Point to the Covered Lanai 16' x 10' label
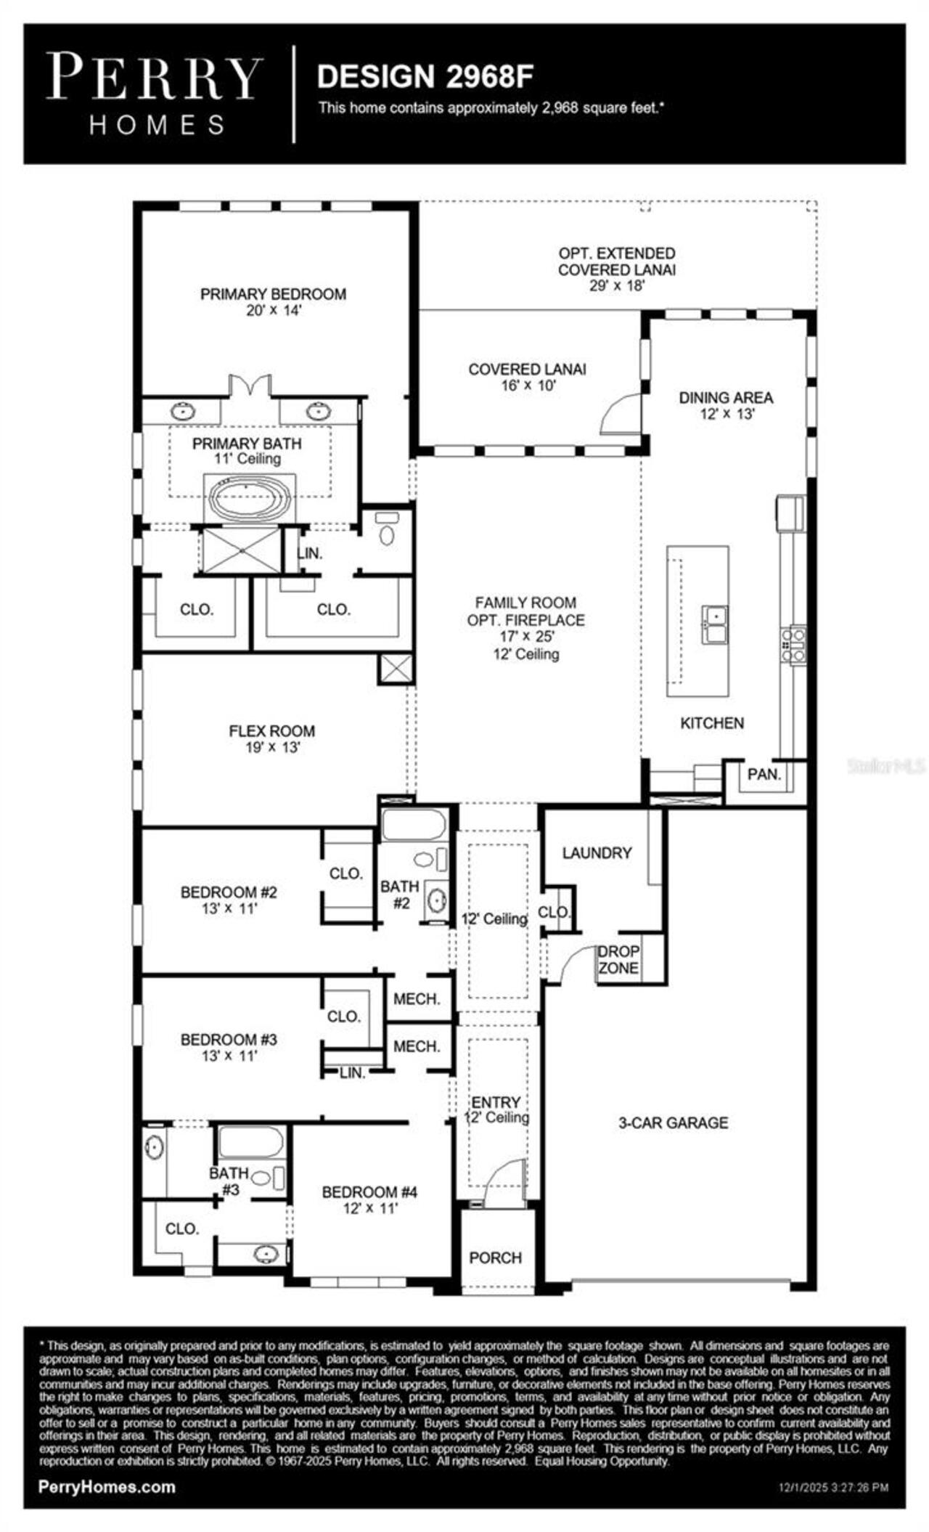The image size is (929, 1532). point(527,377)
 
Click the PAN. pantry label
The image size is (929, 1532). point(764,774)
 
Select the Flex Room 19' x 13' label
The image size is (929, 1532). point(272,738)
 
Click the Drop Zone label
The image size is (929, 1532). point(618,959)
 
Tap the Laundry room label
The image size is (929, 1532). point(597,852)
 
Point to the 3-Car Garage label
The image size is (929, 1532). point(673,1122)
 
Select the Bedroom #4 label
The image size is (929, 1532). point(369,1199)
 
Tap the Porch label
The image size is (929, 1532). point(495,1258)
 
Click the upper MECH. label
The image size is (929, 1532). point(417,999)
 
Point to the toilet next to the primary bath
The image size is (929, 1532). point(388,530)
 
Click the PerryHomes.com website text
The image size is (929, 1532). point(107,1486)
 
